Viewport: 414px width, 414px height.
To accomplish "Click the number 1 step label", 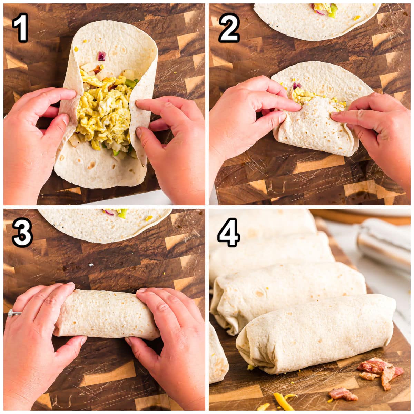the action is point(21,28).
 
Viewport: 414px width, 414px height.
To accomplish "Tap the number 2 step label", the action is point(229,28).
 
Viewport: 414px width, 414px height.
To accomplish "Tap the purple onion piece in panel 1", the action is point(102,56).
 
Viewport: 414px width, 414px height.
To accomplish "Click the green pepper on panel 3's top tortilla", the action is point(123,214).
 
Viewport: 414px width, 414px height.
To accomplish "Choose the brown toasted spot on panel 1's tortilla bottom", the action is point(91,165).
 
